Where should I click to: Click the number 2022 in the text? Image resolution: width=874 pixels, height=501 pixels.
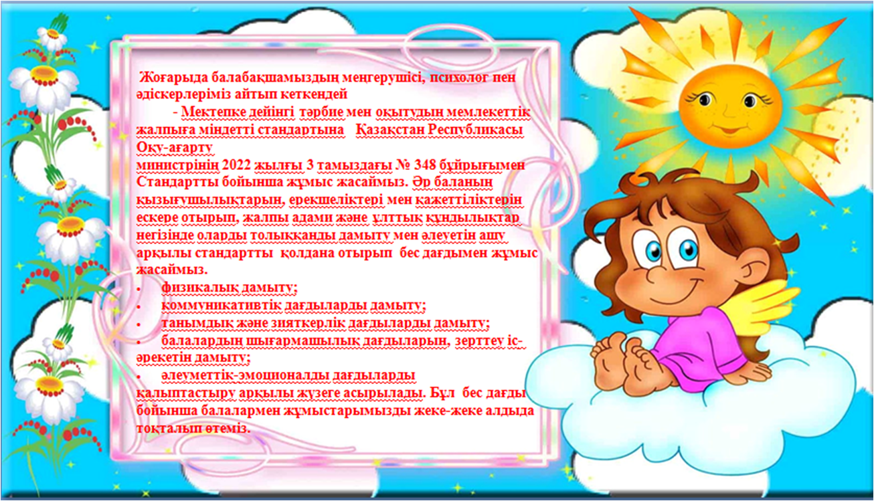click(x=236, y=165)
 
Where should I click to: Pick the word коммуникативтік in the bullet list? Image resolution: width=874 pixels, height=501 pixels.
click(x=222, y=306)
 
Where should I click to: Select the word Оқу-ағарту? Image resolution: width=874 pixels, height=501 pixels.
click(x=175, y=148)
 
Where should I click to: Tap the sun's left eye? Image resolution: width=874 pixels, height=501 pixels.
click(x=705, y=100)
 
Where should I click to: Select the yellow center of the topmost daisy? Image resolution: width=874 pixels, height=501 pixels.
click(x=53, y=33)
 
